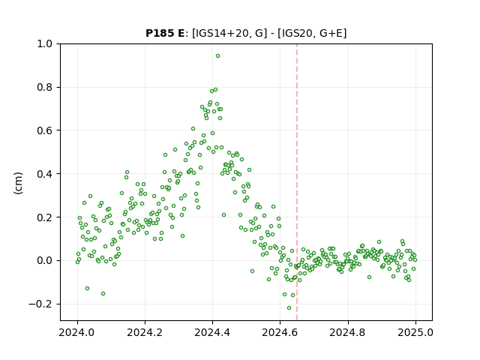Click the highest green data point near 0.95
pos(217,56)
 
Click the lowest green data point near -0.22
pos(289,308)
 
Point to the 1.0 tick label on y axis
pos(44,44)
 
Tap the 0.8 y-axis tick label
pos(44,88)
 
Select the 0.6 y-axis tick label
pos(44,130)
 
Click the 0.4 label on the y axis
pos(44,174)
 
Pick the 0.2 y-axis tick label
pos(44,217)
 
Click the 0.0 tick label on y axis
pos(44,261)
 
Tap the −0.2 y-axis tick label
pos(40,304)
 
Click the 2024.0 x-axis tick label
pos(77,332)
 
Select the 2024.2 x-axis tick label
pos(145,332)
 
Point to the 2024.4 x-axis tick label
pos(212,332)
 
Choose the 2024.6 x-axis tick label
pos(280,332)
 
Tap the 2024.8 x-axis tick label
pos(348,332)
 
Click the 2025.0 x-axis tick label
pos(415,332)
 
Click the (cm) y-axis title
pos(18,183)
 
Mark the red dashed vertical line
pos(297,182)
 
